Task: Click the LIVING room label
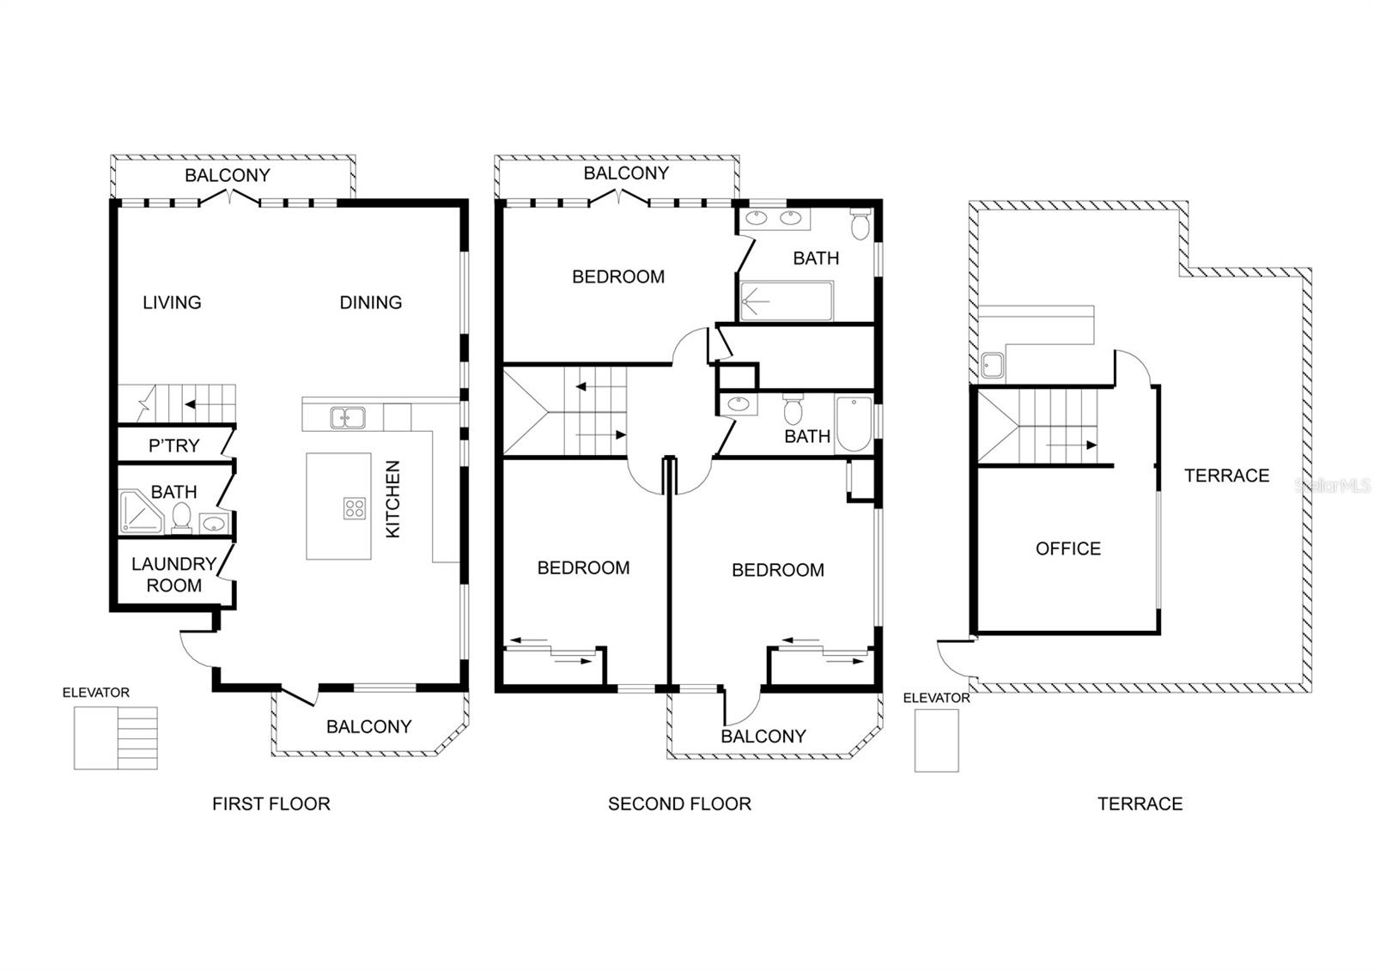(x=172, y=302)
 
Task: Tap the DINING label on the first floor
(x=371, y=302)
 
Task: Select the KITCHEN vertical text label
(x=392, y=499)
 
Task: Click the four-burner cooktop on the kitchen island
(x=355, y=508)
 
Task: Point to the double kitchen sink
(x=348, y=417)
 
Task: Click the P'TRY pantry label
(x=174, y=446)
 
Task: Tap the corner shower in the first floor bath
(x=141, y=511)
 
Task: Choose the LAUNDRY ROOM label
(x=174, y=574)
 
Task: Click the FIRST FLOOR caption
(x=271, y=803)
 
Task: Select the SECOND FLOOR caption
(x=679, y=803)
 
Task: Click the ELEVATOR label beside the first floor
(x=95, y=692)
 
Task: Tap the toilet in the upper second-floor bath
(x=860, y=224)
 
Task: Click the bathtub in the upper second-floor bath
(x=787, y=301)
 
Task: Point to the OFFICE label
(x=1068, y=549)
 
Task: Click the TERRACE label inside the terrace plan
(x=1226, y=476)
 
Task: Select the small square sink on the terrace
(x=992, y=365)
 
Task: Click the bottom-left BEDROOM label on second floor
(x=583, y=567)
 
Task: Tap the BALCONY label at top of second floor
(x=626, y=173)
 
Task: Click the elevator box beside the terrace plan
(x=936, y=740)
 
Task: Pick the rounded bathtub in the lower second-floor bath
(x=854, y=424)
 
